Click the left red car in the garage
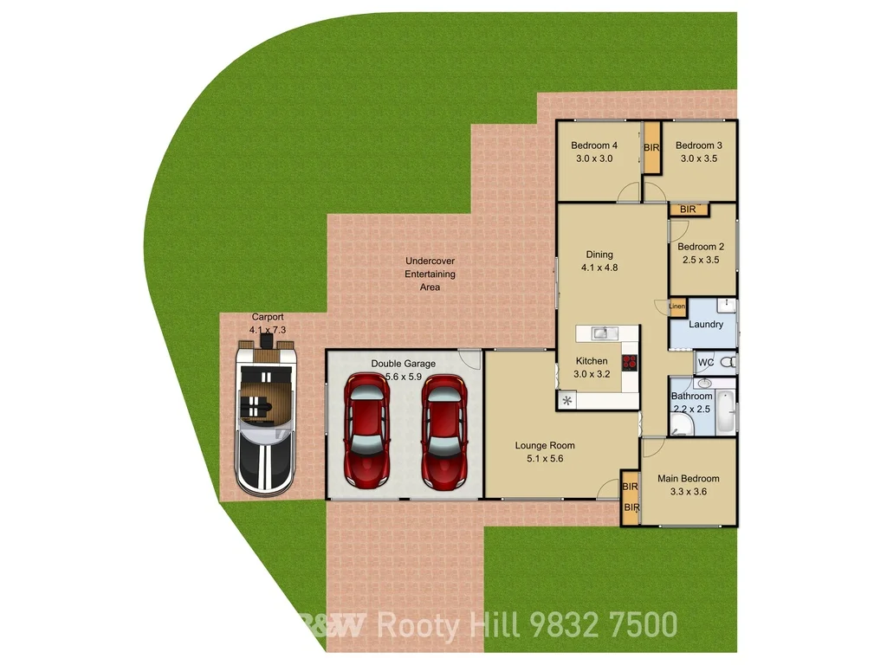pyautogui.click(x=367, y=430)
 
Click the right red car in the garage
pyautogui.click(x=443, y=430)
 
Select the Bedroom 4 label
pyautogui.click(x=594, y=145)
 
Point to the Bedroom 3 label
pyautogui.click(x=699, y=145)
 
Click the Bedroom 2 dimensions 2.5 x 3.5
pyautogui.click(x=702, y=260)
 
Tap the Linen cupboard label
pyautogui.click(x=677, y=307)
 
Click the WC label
pyautogui.click(x=705, y=362)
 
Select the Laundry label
pyautogui.click(x=706, y=325)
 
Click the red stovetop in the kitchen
pyautogui.click(x=630, y=362)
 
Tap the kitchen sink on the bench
pyautogui.click(x=603, y=332)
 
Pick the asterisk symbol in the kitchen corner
pyautogui.click(x=567, y=400)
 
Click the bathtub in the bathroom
pyautogui.click(x=726, y=412)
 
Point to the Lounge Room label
pyautogui.click(x=545, y=446)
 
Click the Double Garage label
pyautogui.click(x=404, y=364)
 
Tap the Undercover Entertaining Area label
pyautogui.click(x=430, y=274)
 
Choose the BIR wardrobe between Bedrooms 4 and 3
pyautogui.click(x=651, y=148)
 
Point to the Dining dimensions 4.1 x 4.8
pyautogui.click(x=599, y=268)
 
